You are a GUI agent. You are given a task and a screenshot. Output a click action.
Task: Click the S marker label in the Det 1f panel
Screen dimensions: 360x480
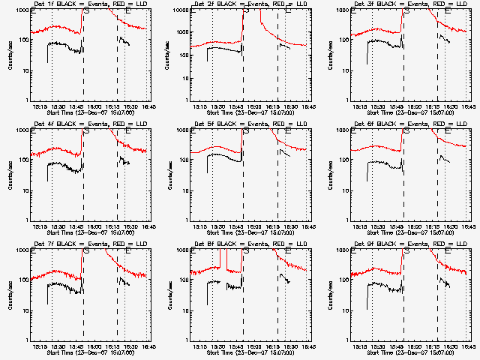(86, 13)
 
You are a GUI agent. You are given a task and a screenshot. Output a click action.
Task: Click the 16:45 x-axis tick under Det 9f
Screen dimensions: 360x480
(467, 346)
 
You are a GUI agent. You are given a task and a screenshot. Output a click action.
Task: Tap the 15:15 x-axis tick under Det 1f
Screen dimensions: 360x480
(38, 106)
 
